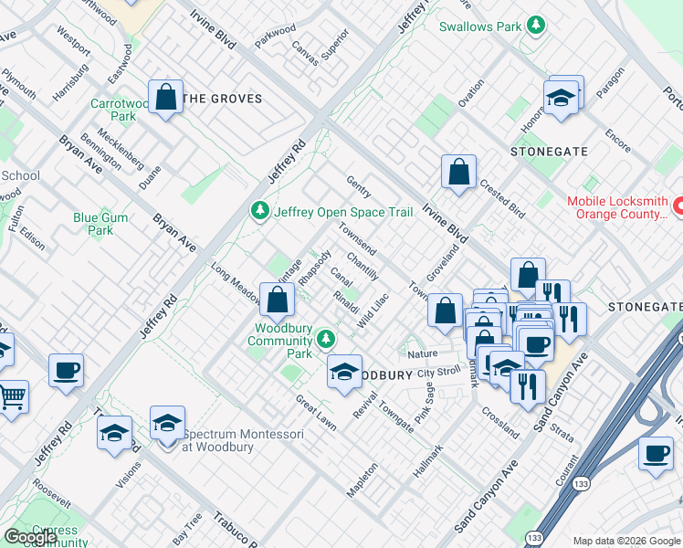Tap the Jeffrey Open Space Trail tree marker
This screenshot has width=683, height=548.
point(260,212)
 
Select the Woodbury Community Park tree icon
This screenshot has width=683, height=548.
point(327,341)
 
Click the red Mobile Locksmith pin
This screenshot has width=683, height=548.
point(678,207)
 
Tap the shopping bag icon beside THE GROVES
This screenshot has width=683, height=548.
point(166,97)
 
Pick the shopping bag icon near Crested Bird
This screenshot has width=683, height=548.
point(458,172)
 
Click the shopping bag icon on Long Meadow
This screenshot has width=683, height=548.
point(276,299)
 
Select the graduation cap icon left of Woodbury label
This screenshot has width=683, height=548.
point(344,372)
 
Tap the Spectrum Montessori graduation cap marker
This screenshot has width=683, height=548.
point(167,423)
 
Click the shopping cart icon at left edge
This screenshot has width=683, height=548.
point(11,395)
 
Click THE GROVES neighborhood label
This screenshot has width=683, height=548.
point(223,99)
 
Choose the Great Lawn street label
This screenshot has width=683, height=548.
point(315,413)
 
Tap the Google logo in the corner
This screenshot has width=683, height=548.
point(30,537)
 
